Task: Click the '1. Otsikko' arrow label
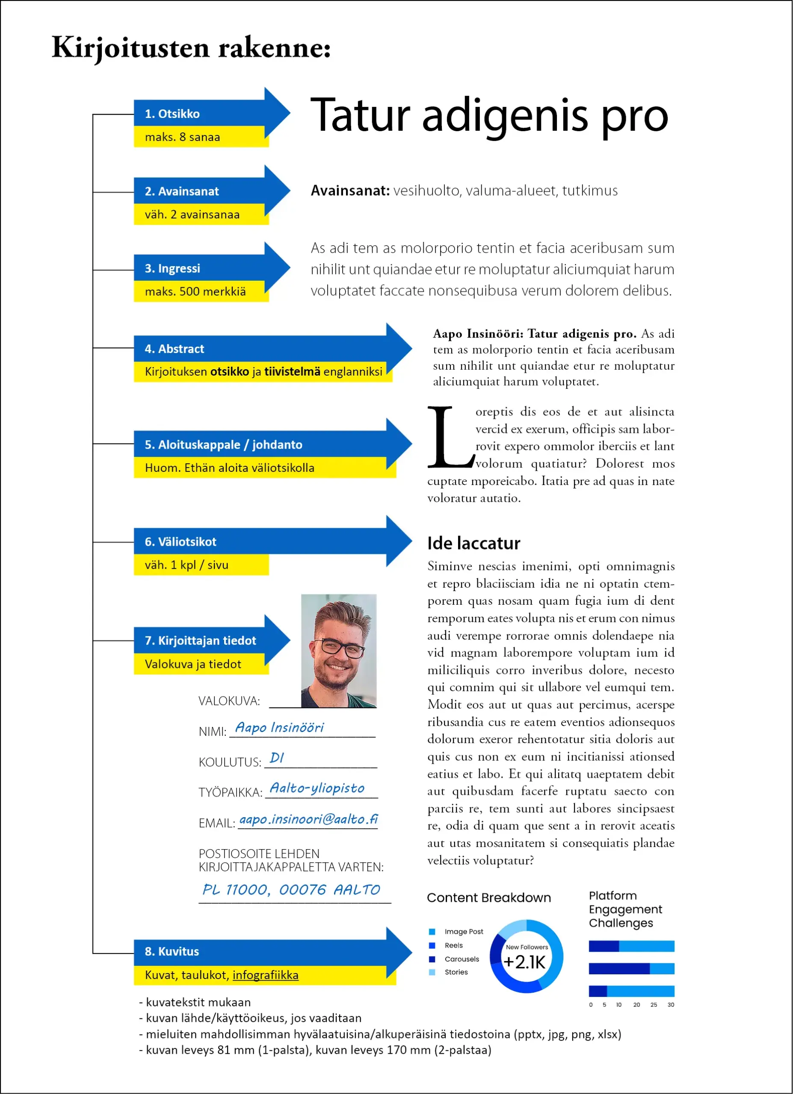pyautogui.click(x=172, y=114)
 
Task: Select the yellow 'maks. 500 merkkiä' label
pyautogui.click(x=195, y=291)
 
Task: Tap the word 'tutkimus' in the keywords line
pyautogui.click(x=589, y=191)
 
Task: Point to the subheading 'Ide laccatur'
pyautogui.click(x=473, y=543)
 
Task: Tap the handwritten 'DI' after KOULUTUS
pyautogui.click(x=277, y=757)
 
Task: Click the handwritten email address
pyautogui.click(x=308, y=819)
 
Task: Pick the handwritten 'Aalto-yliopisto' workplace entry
pyautogui.click(x=317, y=788)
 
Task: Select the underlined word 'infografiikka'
pyautogui.click(x=266, y=975)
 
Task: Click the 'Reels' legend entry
pyautogui.click(x=453, y=945)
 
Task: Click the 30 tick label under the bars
pyautogui.click(x=670, y=1005)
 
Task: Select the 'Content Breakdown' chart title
pyautogui.click(x=488, y=898)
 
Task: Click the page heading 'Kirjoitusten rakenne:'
pyautogui.click(x=191, y=48)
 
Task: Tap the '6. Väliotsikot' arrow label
pyautogui.click(x=180, y=542)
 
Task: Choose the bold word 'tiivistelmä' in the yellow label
pyautogui.click(x=292, y=371)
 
